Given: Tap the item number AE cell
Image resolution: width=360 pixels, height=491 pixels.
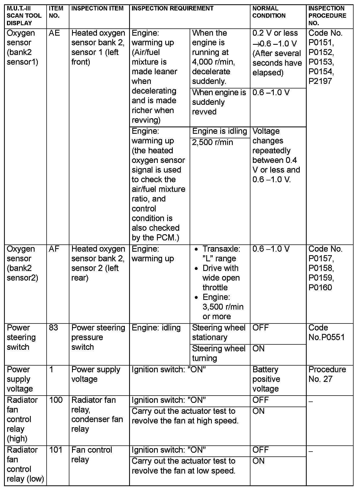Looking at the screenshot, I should click(x=54, y=33).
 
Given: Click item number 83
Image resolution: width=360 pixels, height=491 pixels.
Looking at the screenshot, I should click(x=54, y=328).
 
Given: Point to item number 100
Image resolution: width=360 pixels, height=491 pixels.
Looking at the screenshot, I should click(x=56, y=400).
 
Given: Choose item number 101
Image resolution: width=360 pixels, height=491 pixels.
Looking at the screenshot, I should click(x=56, y=450).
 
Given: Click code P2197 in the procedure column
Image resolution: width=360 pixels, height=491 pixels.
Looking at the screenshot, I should click(x=320, y=81).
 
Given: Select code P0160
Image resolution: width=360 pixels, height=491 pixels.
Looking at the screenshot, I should click(x=320, y=288).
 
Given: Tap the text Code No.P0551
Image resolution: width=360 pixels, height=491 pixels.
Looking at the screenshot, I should click(x=326, y=333).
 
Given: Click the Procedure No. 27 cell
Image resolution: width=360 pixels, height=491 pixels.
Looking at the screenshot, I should click(x=327, y=374).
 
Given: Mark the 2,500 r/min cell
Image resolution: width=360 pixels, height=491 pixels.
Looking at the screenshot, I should click(x=212, y=143).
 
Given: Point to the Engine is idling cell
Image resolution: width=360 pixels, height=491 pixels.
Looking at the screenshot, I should click(x=219, y=131).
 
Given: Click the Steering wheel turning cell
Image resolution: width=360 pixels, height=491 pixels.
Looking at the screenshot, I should click(x=219, y=354).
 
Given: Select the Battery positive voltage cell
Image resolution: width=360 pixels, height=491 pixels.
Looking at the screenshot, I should click(x=266, y=379).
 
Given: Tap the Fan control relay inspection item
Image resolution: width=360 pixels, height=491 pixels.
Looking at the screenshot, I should click(x=92, y=455).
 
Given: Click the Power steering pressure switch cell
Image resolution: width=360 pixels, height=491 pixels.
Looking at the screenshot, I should click(x=98, y=337).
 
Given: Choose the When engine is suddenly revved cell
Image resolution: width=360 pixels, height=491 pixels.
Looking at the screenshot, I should click(x=219, y=102).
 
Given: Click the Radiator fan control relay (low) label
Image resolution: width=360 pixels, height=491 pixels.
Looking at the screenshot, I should click(x=25, y=464).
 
